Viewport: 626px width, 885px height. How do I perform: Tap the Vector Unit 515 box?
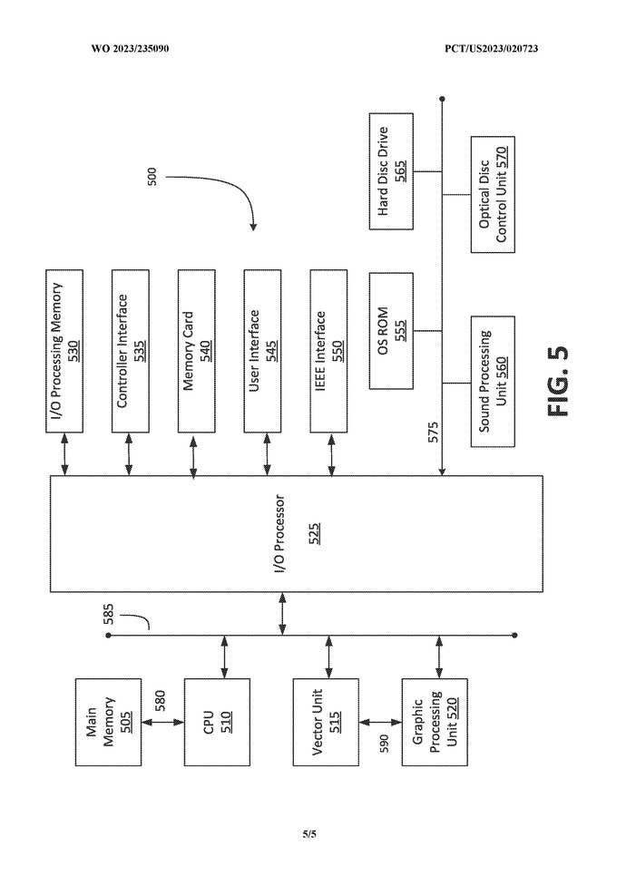tap(326, 721)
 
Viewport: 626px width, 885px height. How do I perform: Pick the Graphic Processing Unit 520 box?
tap(435, 721)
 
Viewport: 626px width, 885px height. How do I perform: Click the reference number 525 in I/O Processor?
tap(313, 535)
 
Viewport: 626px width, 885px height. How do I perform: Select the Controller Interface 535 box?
tap(131, 349)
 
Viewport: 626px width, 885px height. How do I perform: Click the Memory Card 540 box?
tap(197, 349)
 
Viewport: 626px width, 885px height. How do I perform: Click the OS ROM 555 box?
tap(391, 329)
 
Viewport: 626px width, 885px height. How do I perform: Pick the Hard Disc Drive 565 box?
tap(391, 170)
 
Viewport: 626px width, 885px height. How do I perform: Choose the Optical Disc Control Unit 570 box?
tap(493, 195)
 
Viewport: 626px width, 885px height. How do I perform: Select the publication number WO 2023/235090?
tap(130, 48)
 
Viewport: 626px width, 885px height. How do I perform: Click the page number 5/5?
tap(309, 834)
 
